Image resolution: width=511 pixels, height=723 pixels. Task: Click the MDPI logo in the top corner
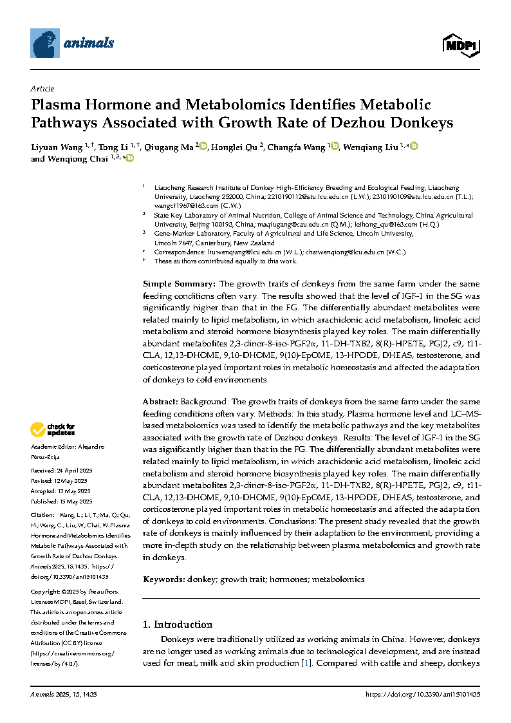461,44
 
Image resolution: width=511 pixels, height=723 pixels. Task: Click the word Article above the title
42,89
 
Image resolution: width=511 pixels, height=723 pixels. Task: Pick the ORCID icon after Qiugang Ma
203,147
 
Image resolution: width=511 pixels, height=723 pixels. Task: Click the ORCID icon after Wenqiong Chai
129,158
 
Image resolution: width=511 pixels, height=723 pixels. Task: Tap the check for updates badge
53,429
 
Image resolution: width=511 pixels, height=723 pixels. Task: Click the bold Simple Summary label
180,284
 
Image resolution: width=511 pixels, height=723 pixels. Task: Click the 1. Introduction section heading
177,624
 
